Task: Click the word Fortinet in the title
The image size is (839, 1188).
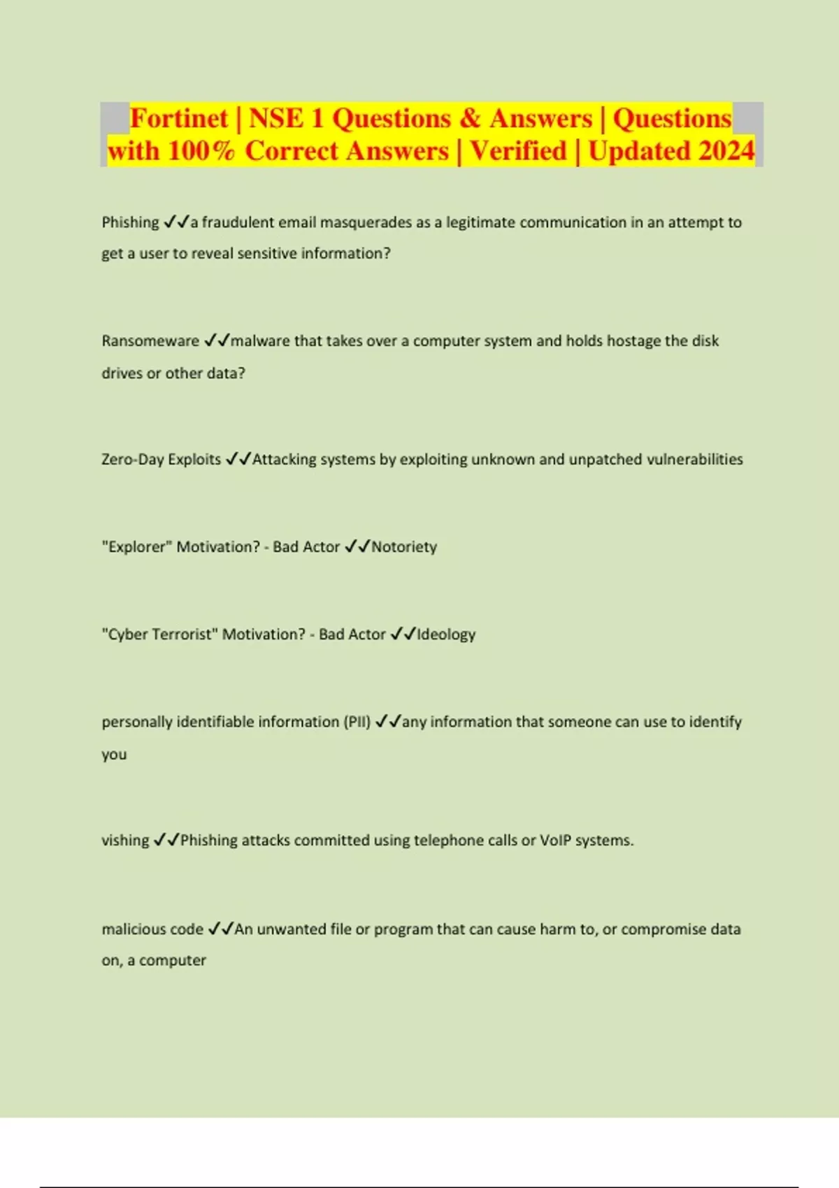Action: pyautogui.click(x=179, y=118)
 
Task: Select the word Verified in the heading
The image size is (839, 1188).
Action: pyautogui.click(x=518, y=151)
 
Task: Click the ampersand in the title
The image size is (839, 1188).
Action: pyautogui.click(x=470, y=118)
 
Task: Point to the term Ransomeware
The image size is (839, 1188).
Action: pyautogui.click(x=150, y=341)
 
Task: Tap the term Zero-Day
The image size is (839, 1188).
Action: pyautogui.click(x=132, y=459)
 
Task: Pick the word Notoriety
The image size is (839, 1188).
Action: pyautogui.click(x=404, y=546)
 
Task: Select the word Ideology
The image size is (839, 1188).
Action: pyautogui.click(x=446, y=634)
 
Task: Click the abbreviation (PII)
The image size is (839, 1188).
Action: pyautogui.click(x=357, y=721)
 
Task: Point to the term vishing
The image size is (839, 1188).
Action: pyautogui.click(x=125, y=840)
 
